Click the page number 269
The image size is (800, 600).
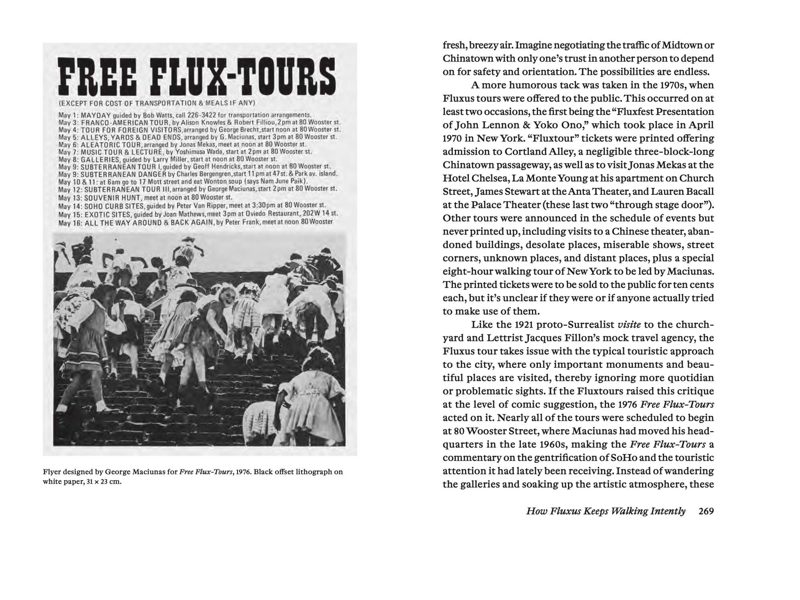tap(706, 511)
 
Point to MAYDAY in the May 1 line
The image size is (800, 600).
tap(96, 115)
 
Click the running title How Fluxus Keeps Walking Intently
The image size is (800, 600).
tap(606, 511)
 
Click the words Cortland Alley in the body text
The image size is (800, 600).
tap(539, 152)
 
